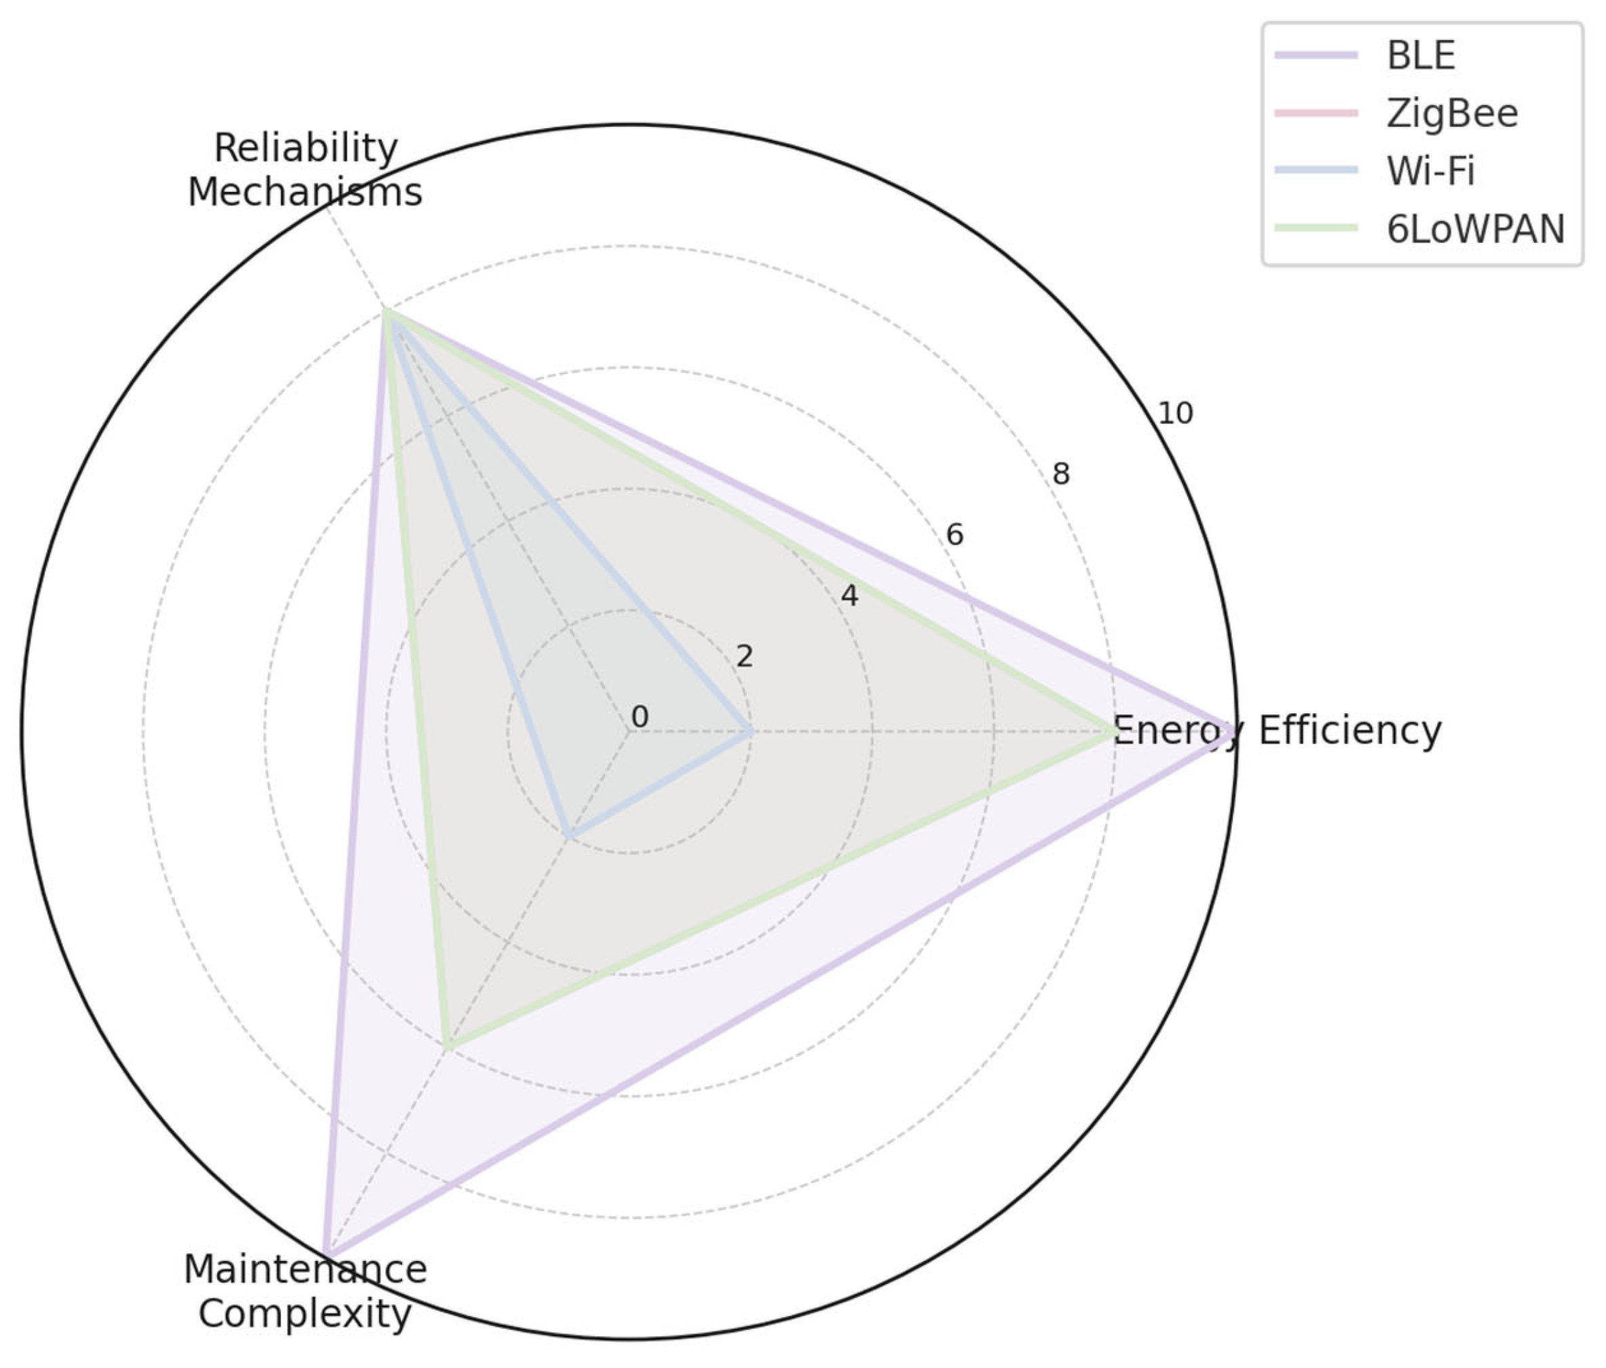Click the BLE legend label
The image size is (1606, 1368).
point(1421,56)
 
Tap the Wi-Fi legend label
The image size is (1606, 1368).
point(1431,172)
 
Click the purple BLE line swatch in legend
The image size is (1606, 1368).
point(1317,56)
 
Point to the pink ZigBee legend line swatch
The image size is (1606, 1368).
point(1317,114)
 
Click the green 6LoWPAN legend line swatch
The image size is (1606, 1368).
point(1317,229)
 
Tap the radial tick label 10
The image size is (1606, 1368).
point(1175,414)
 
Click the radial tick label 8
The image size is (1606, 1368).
point(1060,474)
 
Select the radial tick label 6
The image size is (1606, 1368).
point(955,534)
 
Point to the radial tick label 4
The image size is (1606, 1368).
point(850,596)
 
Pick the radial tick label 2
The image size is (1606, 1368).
point(744,656)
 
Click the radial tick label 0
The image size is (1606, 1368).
point(640,717)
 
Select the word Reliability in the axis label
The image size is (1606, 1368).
point(305,148)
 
